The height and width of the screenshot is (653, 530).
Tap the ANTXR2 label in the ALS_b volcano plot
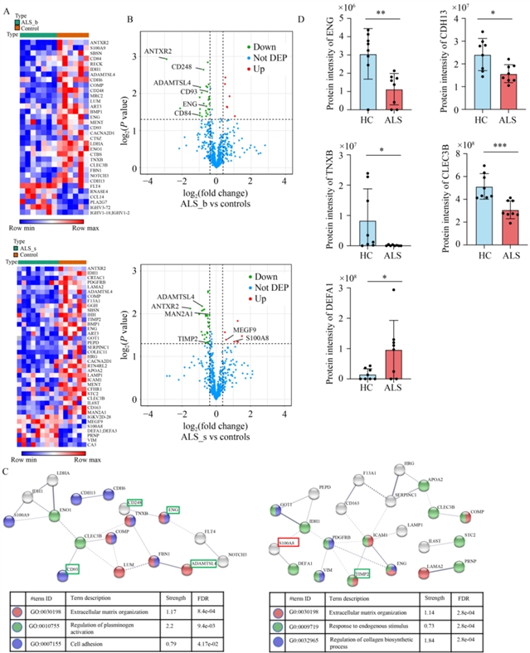(158, 51)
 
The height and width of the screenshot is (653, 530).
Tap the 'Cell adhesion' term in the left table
(97, 628)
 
